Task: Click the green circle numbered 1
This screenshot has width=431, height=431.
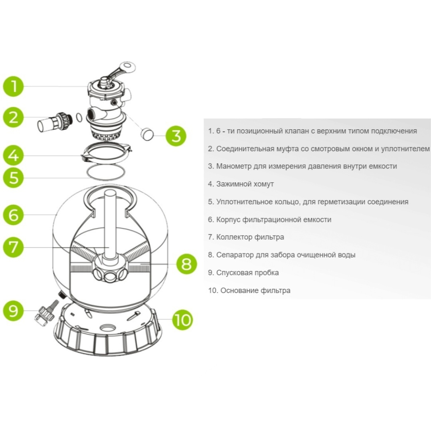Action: tap(14, 86)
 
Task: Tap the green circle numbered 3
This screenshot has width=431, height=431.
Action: tap(176, 136)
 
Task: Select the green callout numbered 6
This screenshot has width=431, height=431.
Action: tap(14, 214)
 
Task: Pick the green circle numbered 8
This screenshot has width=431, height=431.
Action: tap(186, 264)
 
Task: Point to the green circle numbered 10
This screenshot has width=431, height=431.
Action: tap(182, 319)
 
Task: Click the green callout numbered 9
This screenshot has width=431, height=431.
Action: tap(14, 310)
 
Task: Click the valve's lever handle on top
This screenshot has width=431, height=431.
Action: tap(121, 72)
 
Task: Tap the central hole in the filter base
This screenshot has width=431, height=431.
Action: tap(108, 328)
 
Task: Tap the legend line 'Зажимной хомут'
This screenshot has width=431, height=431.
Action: tap(241, 184)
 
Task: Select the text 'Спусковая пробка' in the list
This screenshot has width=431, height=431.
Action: tap(247, 273)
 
